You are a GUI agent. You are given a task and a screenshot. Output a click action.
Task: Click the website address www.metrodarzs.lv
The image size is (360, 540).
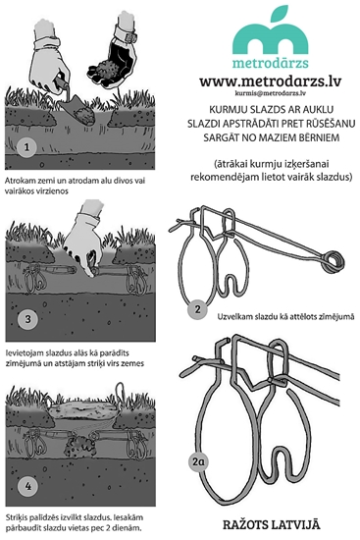[270, 81]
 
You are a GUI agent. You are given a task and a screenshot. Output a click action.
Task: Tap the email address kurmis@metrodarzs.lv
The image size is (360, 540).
[271, 93]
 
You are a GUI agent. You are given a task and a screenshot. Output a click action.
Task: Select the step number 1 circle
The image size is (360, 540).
[26, 147]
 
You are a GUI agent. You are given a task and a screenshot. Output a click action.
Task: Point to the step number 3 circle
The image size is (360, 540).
[27, 318]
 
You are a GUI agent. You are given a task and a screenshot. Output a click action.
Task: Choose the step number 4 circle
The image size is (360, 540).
[27, 486]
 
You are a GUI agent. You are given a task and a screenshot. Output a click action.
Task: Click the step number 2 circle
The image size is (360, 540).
[197, 309]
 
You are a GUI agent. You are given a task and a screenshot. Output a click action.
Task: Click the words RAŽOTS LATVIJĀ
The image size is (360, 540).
[272, 525]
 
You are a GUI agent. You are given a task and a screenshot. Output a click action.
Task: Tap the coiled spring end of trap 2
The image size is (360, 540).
[333, 261]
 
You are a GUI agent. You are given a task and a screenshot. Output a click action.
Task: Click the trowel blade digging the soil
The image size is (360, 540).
[77, 107]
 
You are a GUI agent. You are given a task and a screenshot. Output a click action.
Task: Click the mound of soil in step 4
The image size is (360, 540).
[80, 409]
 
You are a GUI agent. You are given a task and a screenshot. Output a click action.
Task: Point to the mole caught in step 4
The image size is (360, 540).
[78, 445]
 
